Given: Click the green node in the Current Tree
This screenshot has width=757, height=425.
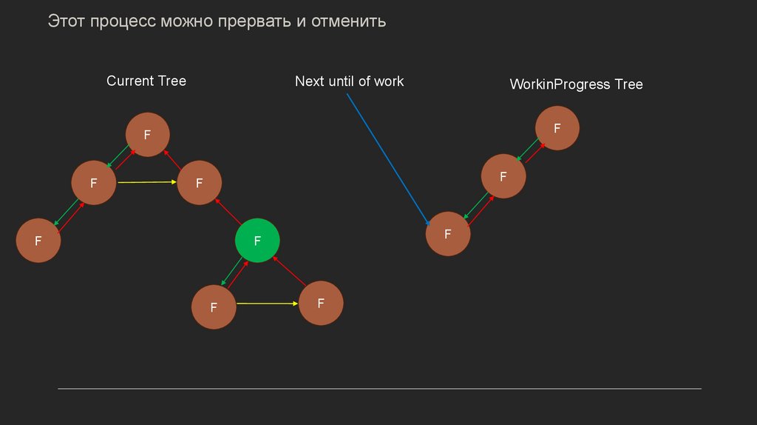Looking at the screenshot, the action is [257, 241].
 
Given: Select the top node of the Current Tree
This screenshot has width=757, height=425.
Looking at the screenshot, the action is [148, 135].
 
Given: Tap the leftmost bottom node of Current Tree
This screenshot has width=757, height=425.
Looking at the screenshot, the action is [38, 240].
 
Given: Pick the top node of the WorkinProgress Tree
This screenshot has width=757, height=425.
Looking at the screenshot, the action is [557, 128].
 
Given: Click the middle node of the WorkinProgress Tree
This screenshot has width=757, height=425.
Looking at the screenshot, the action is [503, 176].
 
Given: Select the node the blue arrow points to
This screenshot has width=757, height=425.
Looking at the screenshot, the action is [448, 234].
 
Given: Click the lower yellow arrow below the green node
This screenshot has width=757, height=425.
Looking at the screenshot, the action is [267, 304].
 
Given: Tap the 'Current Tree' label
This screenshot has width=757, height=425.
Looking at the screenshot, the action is [146, 81].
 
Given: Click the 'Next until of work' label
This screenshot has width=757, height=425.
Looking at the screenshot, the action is [349, 81].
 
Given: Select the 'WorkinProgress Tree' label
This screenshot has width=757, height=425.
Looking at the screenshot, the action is [576, 84].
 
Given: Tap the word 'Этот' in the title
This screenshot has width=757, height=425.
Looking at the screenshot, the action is [67, 21].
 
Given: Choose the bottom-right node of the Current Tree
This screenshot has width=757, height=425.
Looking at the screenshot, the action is [321, 303].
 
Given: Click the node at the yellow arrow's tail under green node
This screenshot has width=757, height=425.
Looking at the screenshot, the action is [214, 307].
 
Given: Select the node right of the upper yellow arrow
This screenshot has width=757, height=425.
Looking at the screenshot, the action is [200, 181].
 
